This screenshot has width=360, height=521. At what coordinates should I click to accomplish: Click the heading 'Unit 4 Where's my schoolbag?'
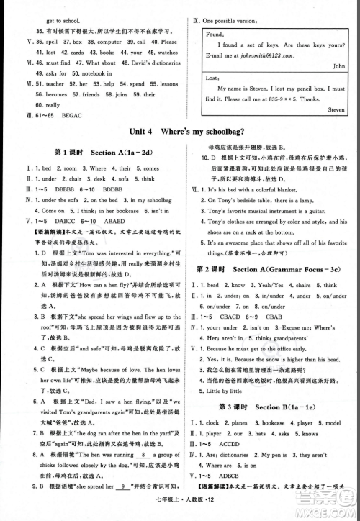tap(179, 132)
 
